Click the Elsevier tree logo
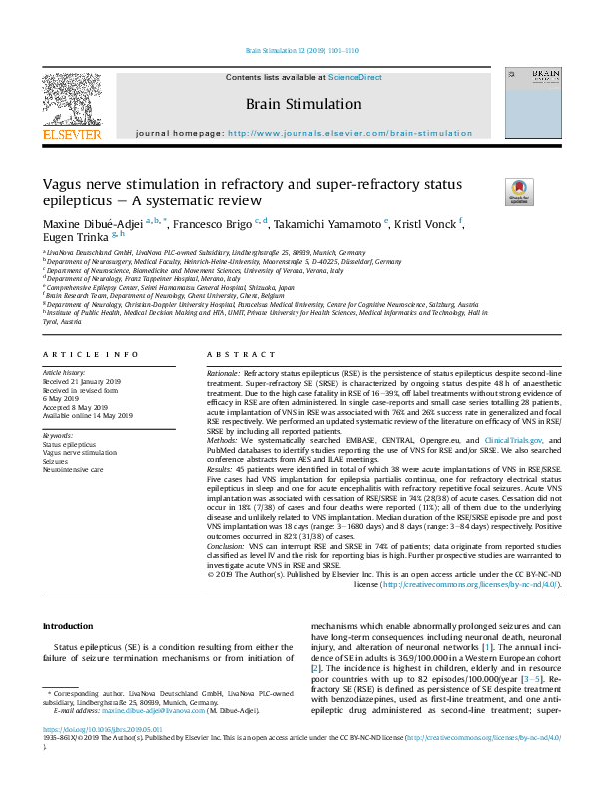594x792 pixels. tap(71, 97)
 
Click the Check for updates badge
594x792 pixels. tap(519, 191)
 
